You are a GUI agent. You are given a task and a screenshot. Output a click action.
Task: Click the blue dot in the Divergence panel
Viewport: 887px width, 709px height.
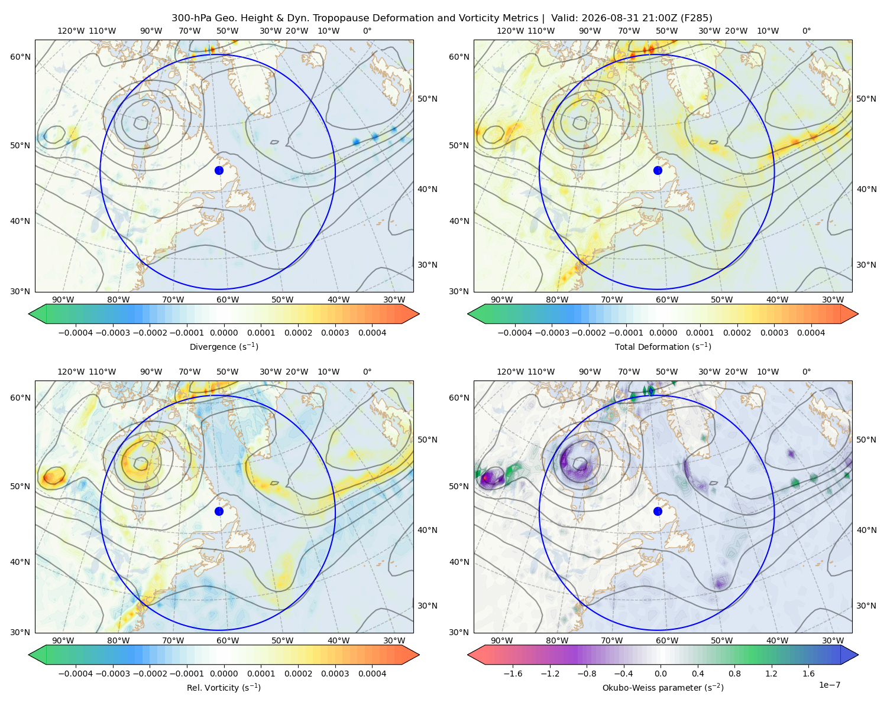point(219,170)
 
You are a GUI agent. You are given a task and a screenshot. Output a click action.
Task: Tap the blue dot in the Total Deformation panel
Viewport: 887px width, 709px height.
point(658,170)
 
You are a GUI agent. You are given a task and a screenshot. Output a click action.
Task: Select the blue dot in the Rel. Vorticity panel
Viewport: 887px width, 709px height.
point(219,511)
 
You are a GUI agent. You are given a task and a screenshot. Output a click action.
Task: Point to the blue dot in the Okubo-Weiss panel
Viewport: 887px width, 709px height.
point(658,511)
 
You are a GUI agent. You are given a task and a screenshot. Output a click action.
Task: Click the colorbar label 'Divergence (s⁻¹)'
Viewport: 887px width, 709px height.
point(224,346)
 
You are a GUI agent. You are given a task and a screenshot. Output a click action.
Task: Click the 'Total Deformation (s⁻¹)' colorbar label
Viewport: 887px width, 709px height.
point(663,346)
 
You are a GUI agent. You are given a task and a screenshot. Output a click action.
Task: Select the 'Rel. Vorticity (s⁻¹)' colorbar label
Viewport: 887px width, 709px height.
point(224,687)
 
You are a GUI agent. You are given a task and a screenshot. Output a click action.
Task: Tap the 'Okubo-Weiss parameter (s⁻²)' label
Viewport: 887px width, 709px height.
point(663,687)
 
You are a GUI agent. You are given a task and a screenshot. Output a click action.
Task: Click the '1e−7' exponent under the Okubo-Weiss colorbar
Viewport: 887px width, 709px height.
point(829,685)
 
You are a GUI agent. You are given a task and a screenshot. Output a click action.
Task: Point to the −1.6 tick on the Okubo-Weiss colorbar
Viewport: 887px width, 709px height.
point(513,673)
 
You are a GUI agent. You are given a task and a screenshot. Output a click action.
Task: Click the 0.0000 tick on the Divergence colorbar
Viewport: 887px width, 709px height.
point(224,333)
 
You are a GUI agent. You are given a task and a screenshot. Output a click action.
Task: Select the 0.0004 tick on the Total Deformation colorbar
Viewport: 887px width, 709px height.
point(811,333)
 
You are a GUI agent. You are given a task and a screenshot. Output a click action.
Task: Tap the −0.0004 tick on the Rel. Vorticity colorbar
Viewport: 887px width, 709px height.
point(76,673)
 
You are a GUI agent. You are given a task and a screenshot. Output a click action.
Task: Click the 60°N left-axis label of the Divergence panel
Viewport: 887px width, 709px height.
point(20,57)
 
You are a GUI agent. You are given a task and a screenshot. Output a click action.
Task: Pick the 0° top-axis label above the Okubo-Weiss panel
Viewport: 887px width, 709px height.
point(806,372)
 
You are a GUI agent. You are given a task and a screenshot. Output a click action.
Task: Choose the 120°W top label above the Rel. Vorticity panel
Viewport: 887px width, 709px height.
point(71,372)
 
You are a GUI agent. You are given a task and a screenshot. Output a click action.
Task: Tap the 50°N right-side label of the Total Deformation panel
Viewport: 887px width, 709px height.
point(866,99)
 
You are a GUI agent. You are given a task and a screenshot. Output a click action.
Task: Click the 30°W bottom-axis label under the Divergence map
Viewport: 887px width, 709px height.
point(394,300)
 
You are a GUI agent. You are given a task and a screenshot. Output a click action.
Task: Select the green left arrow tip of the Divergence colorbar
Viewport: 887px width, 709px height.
point(30,314)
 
